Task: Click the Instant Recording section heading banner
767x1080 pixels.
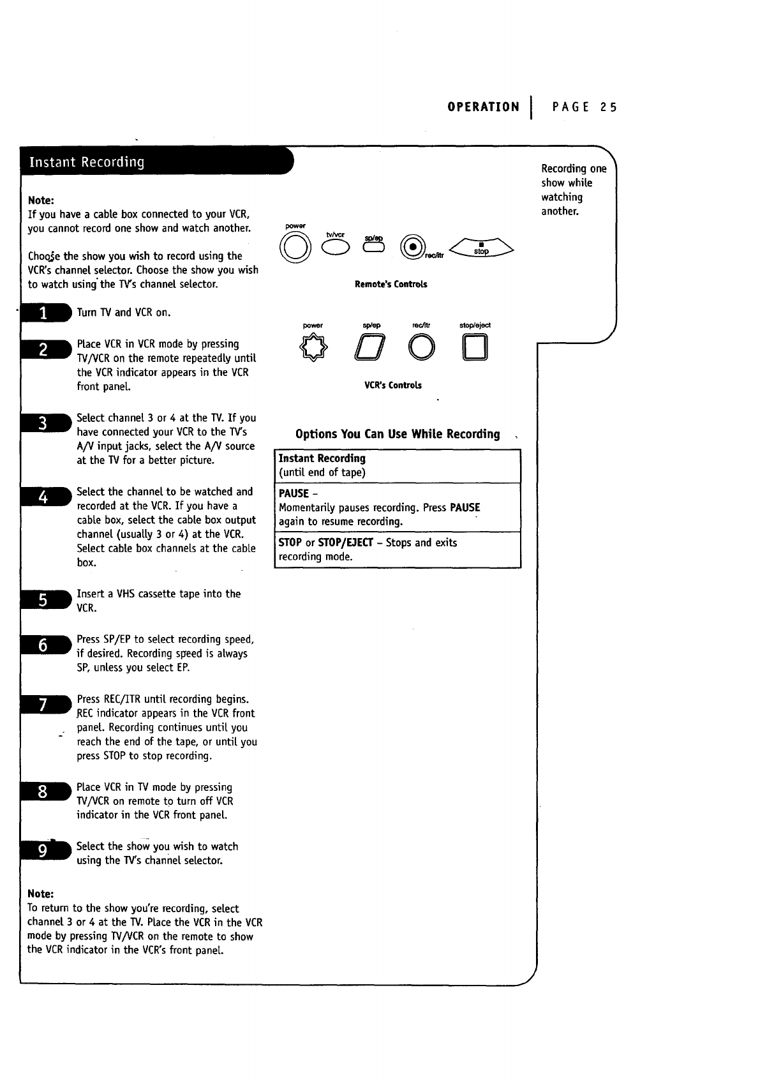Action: pos(153,161)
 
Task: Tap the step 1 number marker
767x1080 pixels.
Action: pos(43,313)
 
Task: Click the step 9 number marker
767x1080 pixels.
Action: pos(43,851)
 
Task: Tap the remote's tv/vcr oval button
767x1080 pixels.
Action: pos(336,246)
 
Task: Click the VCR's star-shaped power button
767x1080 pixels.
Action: pos(313,347)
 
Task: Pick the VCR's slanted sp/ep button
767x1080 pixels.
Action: pos(370,348)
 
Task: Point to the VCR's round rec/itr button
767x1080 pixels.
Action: pos(422,348)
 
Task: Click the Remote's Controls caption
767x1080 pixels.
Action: pos(391,285)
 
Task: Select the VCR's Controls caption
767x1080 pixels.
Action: pos(392,386)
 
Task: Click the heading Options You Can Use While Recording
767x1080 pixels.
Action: pos(398,434)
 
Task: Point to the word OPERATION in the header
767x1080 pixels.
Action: pos(483,107)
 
